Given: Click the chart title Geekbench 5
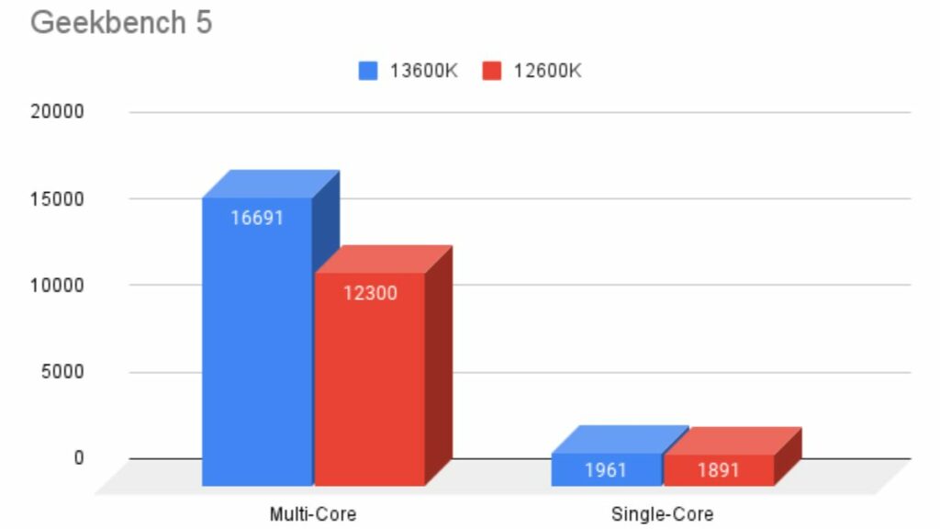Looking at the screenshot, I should (x=121, y=23).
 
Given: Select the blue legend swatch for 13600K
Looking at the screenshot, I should (x=368, y=71).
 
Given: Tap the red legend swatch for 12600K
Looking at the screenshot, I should (x=492, y=71).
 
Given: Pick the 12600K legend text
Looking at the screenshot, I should (x=547, y=71).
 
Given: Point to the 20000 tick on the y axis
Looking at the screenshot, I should (x=58, y=112).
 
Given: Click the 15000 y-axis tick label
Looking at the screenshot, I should (x=58, y=199).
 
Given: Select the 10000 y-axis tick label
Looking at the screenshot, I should (x=58, y=286).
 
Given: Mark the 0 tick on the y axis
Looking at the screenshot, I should (x=78, y=458).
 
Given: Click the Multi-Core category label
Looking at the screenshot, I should (x=312, y=514).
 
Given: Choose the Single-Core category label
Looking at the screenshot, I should (x=662, y=514).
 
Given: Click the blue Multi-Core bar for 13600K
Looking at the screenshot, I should (x=257, y=349).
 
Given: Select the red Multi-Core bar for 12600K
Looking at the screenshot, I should (x=369, y=386).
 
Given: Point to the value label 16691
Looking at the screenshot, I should (x=257, y=219).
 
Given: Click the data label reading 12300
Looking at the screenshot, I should (x=371, y=294).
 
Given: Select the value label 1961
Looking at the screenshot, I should (x=606, y=470).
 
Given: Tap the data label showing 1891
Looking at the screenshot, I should (x=719, y=470).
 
